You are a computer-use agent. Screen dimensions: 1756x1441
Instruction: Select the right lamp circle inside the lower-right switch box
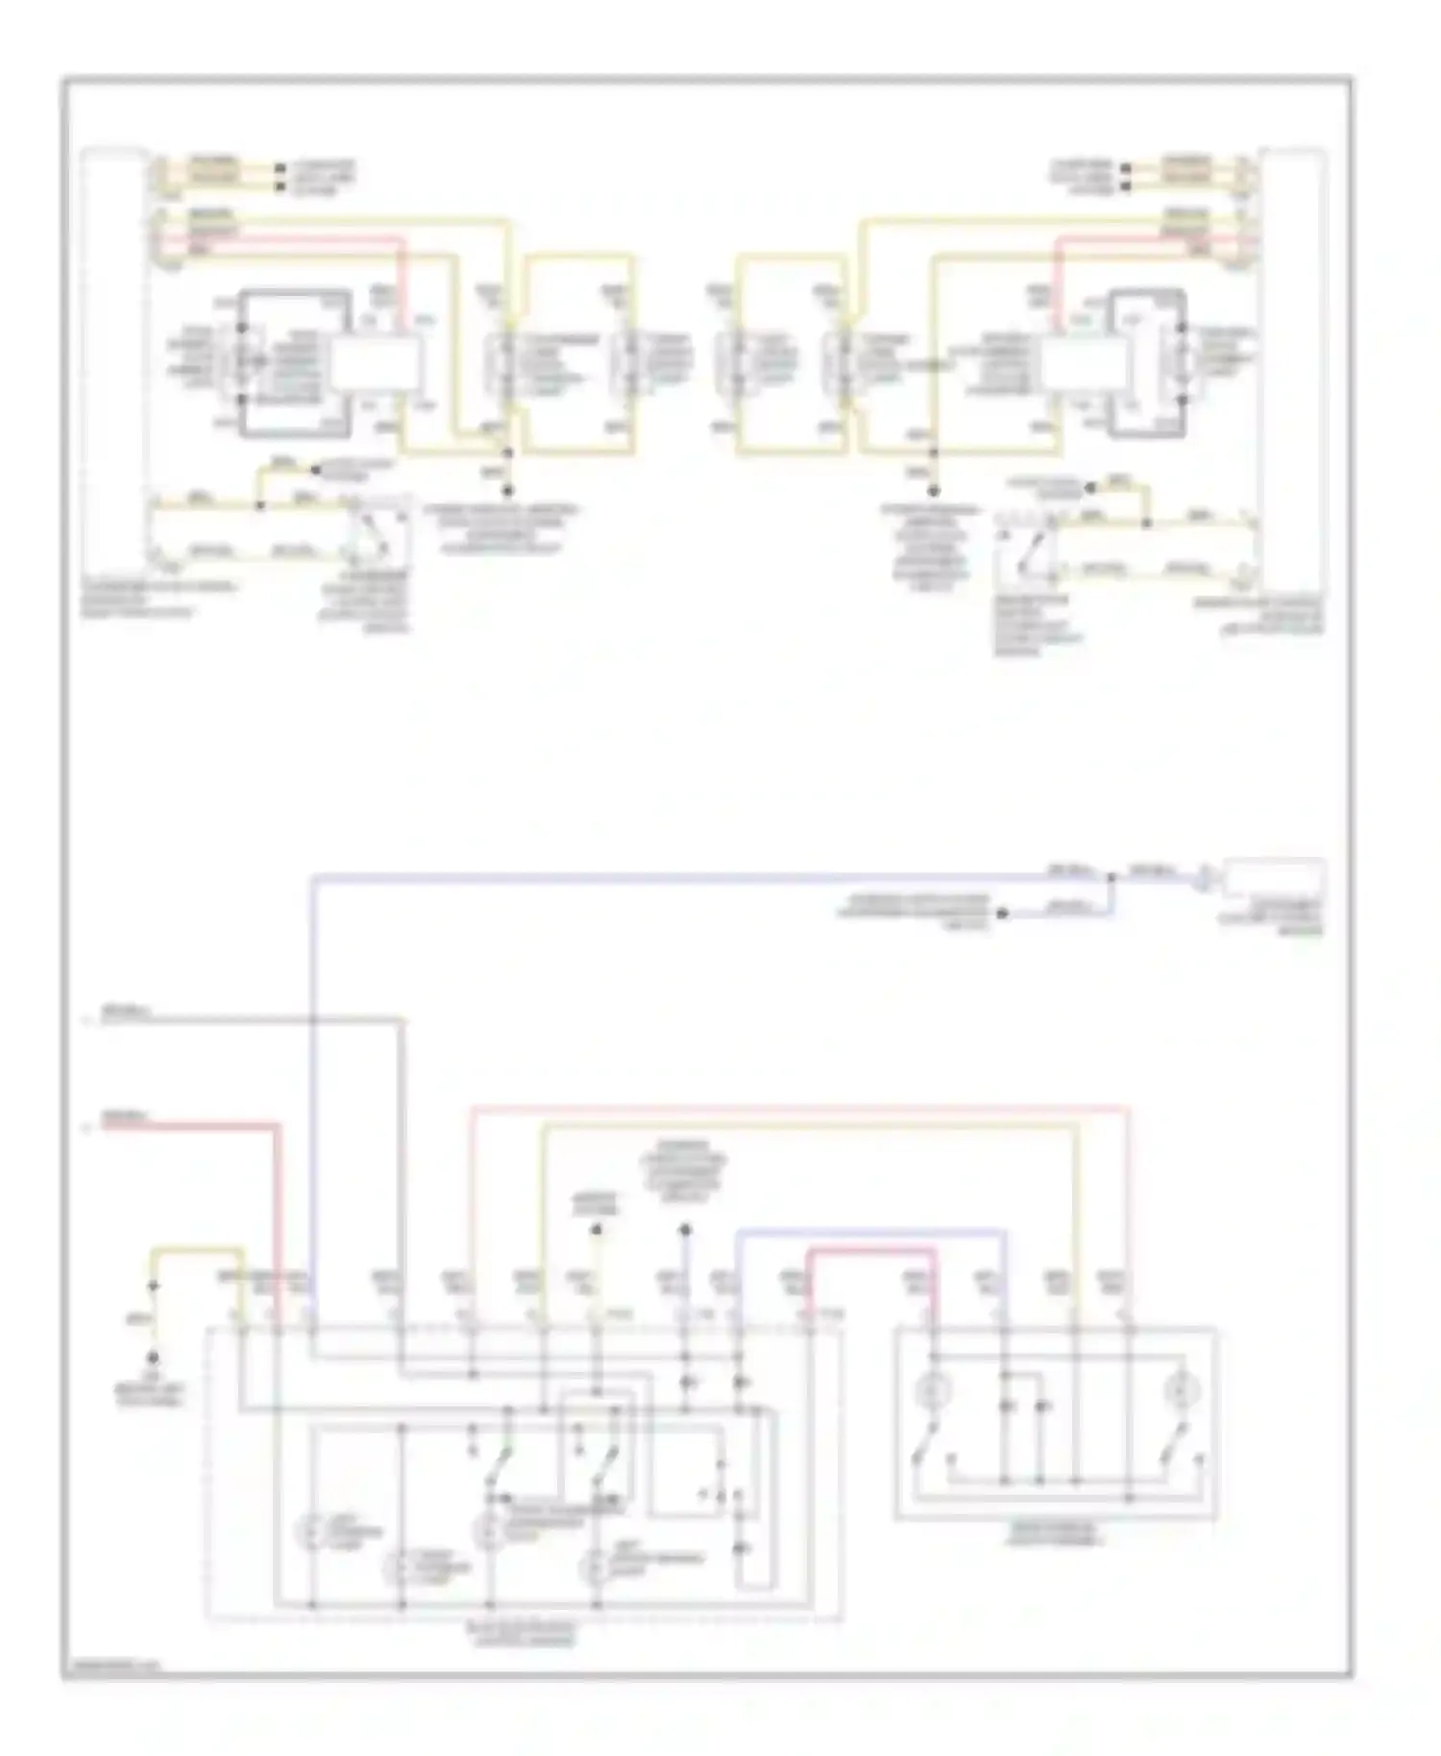pyautogui.click(x=1178, y=1390)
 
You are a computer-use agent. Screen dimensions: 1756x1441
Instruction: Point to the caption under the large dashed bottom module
pyautogui.click(x=525, y=1634)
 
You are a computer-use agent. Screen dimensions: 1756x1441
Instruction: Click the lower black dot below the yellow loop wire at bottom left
pyautogui.click(x=152, y=1357)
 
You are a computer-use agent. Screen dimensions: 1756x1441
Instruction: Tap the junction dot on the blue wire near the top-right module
pyautogui.click(x=1112, y=877)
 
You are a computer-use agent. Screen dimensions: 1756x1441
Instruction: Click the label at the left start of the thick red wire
pyautogui.click(x=125, y=1118)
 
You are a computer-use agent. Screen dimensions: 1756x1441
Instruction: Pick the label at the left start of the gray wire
pyautogui.click(x=125, y=1013)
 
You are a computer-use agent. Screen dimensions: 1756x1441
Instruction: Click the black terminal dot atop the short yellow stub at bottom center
pyautogui.click(x=596, y=1230)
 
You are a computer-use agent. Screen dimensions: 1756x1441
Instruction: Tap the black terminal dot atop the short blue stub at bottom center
pyautogui.click(x=685, y=1230)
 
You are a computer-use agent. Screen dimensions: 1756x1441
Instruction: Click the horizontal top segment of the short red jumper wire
pyautogui.click(x=870, y=1250)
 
